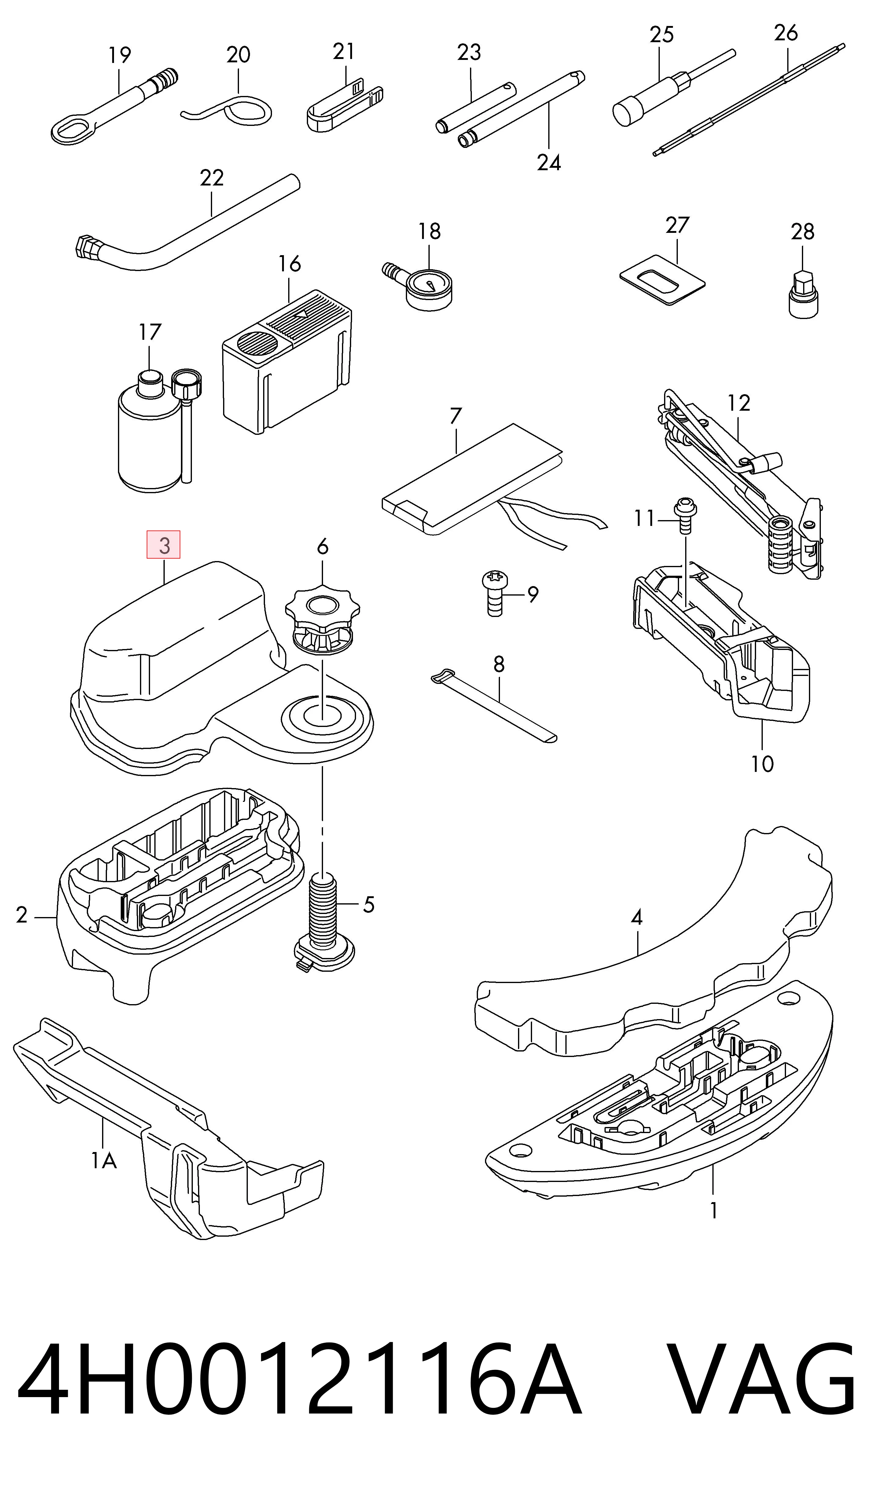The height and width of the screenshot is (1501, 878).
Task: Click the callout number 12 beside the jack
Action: (739, 403)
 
